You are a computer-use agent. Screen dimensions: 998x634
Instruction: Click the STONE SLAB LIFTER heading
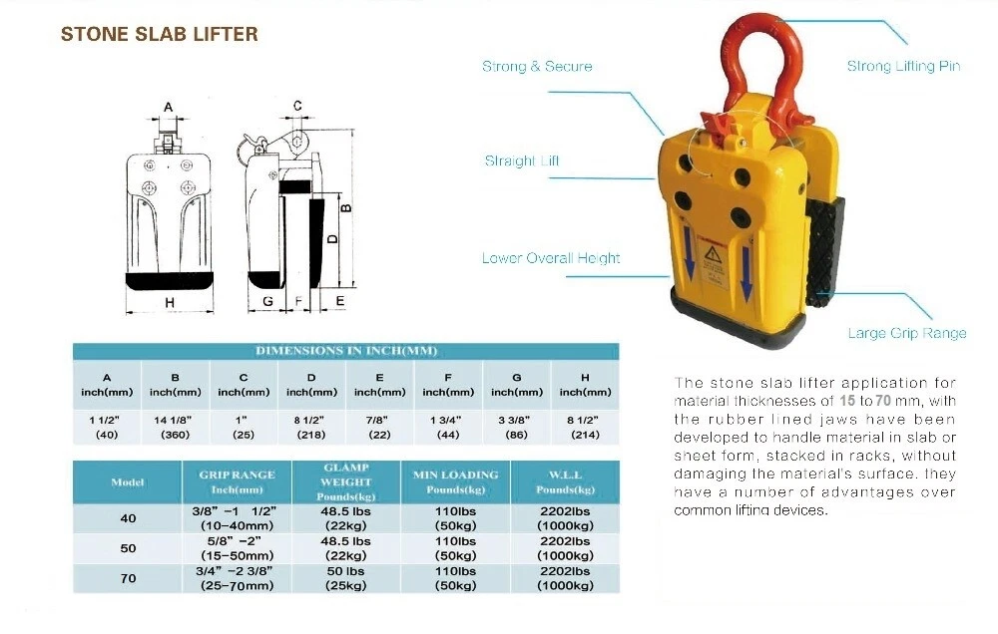(159, 34)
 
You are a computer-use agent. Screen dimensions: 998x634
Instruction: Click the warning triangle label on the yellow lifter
(712, 255)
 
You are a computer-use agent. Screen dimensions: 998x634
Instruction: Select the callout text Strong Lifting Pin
(903, 66)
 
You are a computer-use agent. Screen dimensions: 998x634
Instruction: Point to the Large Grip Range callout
(906, 333)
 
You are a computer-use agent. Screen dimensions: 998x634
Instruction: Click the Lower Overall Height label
(551, 257)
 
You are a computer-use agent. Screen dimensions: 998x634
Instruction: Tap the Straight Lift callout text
(522, 160)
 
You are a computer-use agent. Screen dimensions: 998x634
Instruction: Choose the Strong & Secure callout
(537, 66)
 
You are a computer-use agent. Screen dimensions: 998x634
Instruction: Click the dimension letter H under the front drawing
(170, 303)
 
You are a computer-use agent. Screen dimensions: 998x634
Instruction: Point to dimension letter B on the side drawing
(346, 208)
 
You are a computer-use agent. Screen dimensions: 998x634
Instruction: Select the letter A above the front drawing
(168, 107)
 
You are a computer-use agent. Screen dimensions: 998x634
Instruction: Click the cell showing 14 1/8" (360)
(175, 428)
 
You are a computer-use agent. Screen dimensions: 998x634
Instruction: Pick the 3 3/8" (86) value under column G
(516, 428)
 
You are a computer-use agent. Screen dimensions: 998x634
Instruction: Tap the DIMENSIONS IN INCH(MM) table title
(346, 351)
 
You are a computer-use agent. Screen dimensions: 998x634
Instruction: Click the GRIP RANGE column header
(237, 482)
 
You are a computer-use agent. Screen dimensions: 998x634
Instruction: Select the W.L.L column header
(565, 482)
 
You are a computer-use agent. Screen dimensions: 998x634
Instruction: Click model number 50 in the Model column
(128, 548)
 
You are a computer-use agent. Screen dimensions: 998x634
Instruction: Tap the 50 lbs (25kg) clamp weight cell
(345, 578)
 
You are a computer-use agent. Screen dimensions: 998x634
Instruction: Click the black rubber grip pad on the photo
(826, 251)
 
